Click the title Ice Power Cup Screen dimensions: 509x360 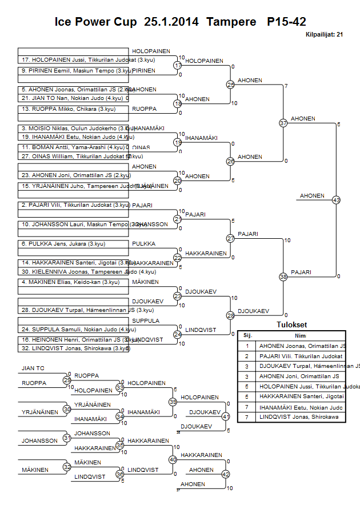[x=95, y=22]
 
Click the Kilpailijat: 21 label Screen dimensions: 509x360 [x=323, y=35]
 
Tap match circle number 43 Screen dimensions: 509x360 [x=336, y=200]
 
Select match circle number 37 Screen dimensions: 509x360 [x=283, y=123]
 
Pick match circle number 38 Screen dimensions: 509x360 [x=283, y=276]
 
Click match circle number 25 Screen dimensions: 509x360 [x=230, y=85]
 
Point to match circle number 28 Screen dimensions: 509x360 [x=230, y=315]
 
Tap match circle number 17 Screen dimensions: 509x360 [x=178, y=66]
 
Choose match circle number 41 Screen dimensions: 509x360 [x=226, y=416]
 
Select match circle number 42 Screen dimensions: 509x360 [x=226, y=474]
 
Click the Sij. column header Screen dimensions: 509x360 [x=247, y=336]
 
